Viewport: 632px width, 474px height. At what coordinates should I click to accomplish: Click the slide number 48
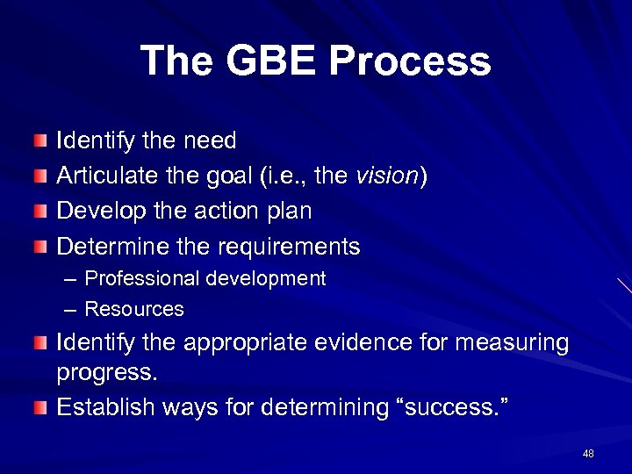[x=588, y=453]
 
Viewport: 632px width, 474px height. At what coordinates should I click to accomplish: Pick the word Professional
[x=142, y=279]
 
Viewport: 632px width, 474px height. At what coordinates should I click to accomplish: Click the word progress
[x=106, y=373]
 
